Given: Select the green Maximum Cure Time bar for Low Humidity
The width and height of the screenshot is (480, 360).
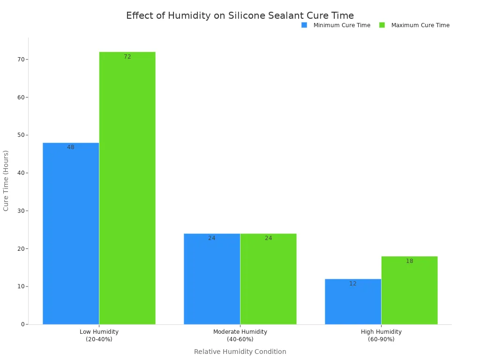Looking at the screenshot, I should [127, 188].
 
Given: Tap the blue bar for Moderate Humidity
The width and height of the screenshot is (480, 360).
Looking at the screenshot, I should [212, 279].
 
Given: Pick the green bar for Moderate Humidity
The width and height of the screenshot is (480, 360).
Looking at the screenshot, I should [268, 279].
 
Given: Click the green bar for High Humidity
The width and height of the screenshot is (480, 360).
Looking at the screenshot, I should [409, 290].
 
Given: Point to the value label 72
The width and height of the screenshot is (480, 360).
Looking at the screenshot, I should [127, 57].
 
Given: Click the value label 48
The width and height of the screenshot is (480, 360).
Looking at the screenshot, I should [71, 147].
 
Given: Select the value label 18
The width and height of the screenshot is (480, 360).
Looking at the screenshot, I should [410, 261].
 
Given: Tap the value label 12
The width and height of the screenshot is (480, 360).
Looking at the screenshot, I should [353, 284].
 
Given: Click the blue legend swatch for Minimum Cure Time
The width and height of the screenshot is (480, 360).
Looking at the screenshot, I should [304, 25].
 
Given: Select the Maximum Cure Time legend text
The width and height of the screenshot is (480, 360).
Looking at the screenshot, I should [420, 25].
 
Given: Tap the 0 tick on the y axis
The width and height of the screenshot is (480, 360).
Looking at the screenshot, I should [23, 324].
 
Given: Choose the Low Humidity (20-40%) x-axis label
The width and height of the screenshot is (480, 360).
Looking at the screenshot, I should [99, 336].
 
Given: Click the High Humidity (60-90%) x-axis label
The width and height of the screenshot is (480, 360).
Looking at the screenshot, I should [381, 336].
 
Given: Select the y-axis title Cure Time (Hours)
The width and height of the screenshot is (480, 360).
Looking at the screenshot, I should [6, 180].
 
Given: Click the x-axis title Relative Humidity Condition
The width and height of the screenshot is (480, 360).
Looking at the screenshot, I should [240, 352].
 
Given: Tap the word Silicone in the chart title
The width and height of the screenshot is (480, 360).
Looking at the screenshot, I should [247, 15].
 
